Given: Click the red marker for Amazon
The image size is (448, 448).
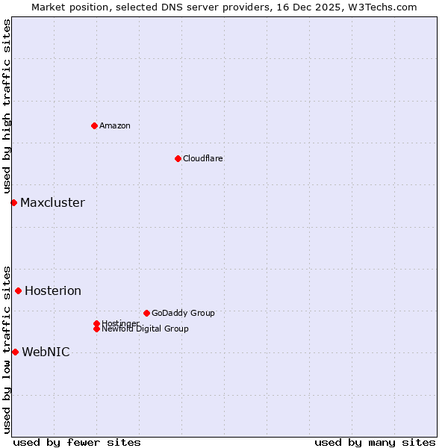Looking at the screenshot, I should pos(94,125).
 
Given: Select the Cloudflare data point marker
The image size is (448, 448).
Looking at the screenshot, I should pos(178,158).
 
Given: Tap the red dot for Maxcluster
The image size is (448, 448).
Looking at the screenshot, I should pos(13,202).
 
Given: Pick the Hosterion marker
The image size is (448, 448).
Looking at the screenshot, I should pos(18,290).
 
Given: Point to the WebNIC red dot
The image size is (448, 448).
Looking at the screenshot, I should pos(15,352).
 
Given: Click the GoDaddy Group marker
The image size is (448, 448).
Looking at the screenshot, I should pos(146,313).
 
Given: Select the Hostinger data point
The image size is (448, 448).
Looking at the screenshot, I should pos(96,323).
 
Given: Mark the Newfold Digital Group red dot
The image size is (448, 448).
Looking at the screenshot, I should pos(96,329).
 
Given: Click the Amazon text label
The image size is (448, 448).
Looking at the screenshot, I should pos(115,125).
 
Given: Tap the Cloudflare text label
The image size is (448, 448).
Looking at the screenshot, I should pos(202,158).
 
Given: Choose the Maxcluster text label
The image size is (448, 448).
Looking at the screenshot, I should pos(52,202).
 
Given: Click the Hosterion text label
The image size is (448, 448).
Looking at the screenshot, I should pos(53,290).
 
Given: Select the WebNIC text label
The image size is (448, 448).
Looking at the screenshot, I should pos(46,352).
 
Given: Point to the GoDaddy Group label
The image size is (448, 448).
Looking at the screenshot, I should pos(183,313).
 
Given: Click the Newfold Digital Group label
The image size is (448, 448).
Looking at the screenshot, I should pos(146,329).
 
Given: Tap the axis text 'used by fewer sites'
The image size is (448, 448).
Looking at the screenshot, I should pos(77,442).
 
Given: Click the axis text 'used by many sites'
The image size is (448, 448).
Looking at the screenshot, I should pos(375,442).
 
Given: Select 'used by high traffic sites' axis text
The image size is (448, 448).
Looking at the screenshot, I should pos(7,106).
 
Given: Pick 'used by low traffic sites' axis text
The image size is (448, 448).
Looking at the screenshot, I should pos(7,349).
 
